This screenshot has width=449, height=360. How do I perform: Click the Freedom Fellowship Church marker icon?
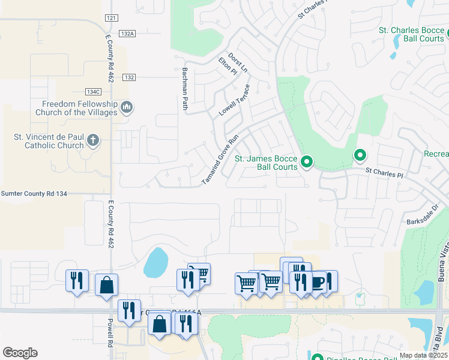127,107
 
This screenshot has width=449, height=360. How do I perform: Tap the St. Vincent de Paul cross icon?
93,141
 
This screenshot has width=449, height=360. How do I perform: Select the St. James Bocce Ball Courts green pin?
307,161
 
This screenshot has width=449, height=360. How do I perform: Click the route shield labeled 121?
110,19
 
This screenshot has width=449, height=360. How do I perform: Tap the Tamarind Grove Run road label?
220,158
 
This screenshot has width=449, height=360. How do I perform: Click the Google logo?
20,353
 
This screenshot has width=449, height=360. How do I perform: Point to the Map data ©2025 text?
423,355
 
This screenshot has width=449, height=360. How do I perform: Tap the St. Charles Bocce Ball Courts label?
411,34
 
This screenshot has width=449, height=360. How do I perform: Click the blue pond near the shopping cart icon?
155,262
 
